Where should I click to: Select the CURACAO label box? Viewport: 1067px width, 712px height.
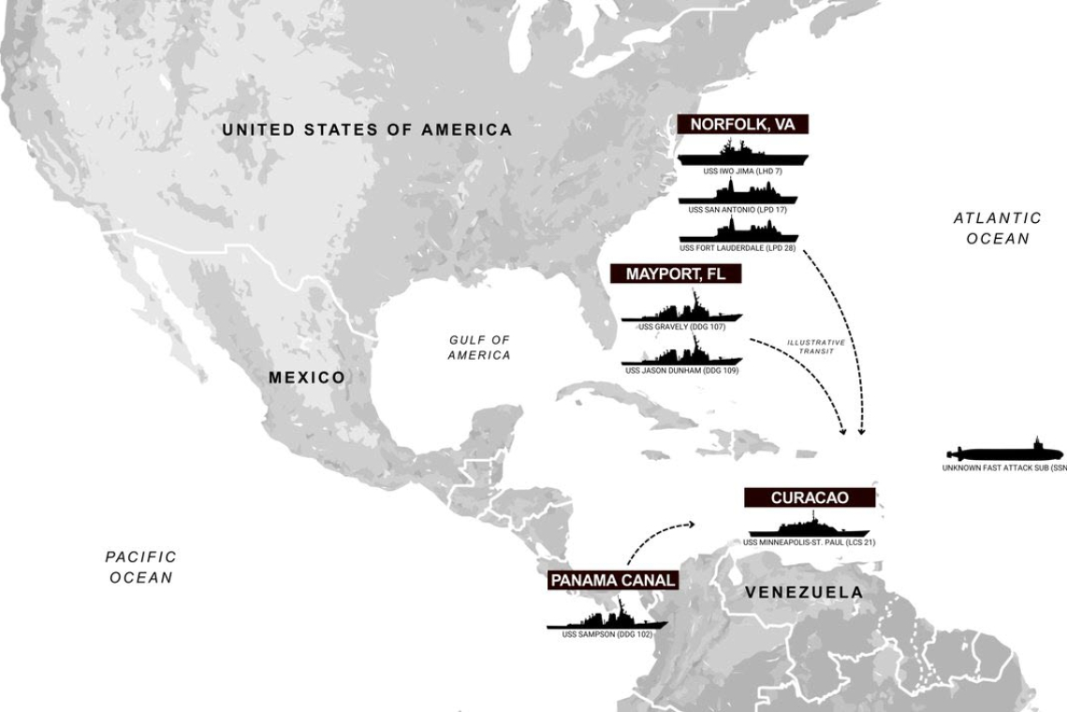tap(810, 497)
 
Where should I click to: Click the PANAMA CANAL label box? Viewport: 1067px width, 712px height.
tap(612, 580)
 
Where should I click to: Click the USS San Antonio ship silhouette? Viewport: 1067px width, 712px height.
tap(738, 195)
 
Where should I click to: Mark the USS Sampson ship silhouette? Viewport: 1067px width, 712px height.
tap(607, 619)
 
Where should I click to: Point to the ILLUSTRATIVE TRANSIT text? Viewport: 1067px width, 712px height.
tap(815, 347)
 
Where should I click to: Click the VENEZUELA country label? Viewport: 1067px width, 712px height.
tap(803, 592)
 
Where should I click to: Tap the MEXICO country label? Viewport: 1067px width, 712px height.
tap(306, 378)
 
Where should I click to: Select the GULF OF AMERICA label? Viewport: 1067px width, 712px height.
tap(479, 348)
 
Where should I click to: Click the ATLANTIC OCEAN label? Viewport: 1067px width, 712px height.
tap(997, 229)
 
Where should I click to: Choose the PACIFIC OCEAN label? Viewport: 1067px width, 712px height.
tap(140, 567)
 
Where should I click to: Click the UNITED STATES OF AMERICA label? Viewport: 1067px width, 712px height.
tap(367, 130)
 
